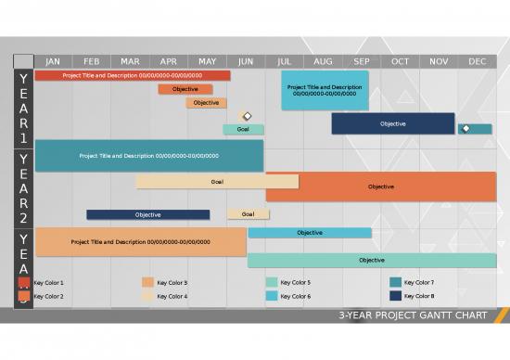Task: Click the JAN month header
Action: pos(53,61)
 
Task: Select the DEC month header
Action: pos(477,61)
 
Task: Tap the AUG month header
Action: pos(323,61)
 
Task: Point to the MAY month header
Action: pos(207,61)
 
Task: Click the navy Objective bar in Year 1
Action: pos(392,123)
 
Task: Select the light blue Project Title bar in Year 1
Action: pos(325,90)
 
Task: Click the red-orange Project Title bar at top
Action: pos(133,75)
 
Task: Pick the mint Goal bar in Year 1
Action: pos(243,129)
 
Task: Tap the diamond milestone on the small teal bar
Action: pos(465,128)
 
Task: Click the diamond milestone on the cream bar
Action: pos(248,116)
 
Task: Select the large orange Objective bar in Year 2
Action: pos(380,186)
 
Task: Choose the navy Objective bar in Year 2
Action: pos(147,214)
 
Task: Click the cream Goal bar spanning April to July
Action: pos(217,182)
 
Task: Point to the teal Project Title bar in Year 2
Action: pos(148,156)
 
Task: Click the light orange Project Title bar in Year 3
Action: pos(141,241)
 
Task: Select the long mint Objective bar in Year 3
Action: pos(371,260)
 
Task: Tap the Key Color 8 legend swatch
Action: pos(396,296)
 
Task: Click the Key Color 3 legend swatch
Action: pos(147,282)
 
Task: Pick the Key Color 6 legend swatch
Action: pos(272,296)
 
